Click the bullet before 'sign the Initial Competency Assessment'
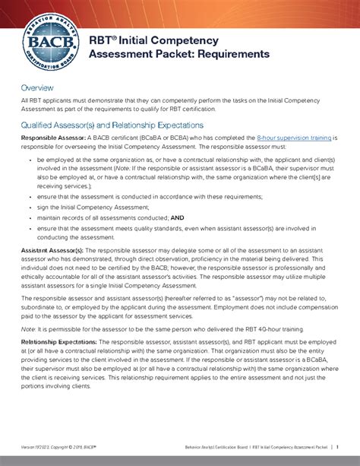click(x=30, y=207)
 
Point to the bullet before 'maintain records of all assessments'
click(x=30, y=217)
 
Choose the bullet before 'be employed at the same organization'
click(x=30, y=160)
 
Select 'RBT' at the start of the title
click(x=100, y=40)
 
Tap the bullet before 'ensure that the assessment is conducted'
click(x=30, y=196)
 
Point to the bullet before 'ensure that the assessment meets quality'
click(x=30, y=227)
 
